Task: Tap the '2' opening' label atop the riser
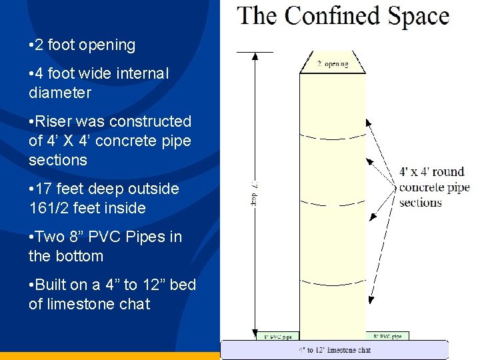[x=332, y=65]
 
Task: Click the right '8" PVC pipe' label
[x=387, y=336]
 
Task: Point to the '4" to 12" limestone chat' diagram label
[x=335, y=349]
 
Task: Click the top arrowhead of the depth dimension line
[x=255, y=56]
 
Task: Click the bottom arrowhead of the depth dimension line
[x=255, y=335]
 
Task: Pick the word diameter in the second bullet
[x=60, y=93]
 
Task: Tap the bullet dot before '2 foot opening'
[x=32, y=45]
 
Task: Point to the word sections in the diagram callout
[x=421, y=202]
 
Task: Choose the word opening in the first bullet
[x=107, y=45]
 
